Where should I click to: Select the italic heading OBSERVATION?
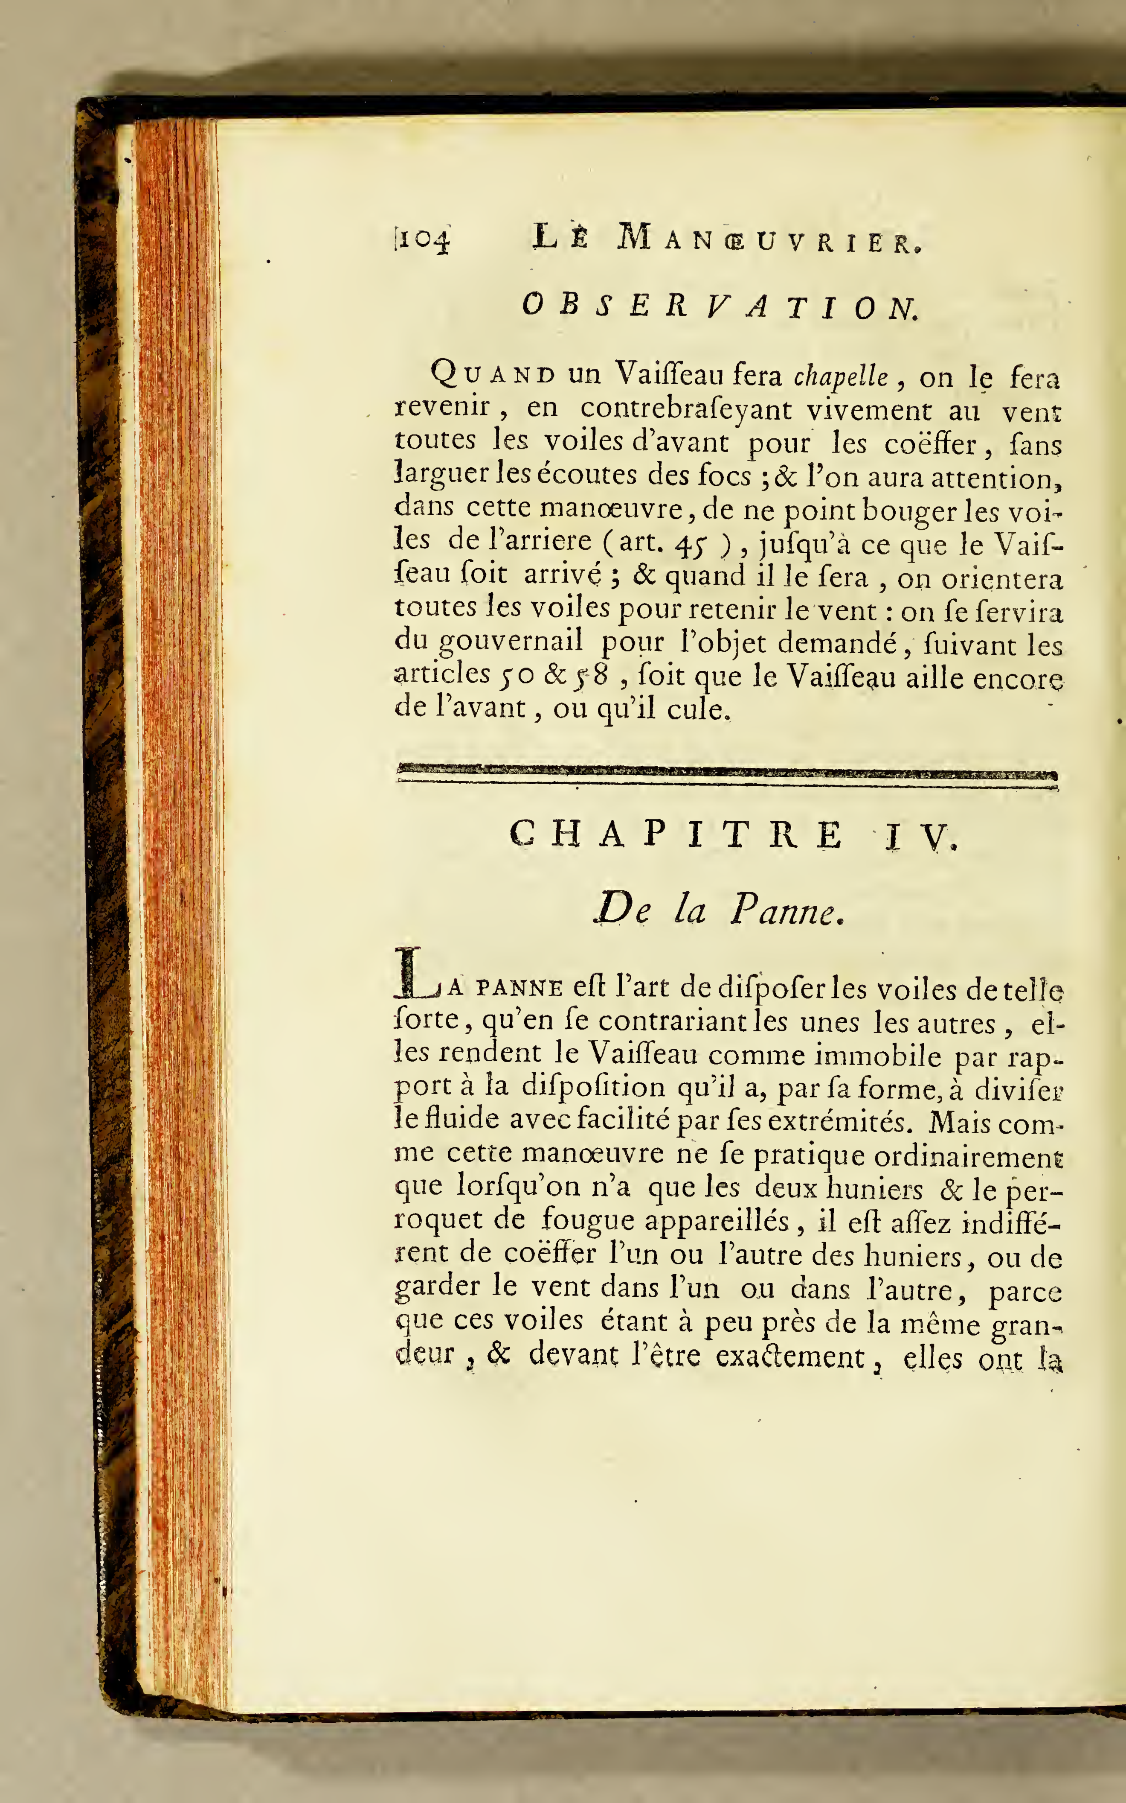coord(720,306)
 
